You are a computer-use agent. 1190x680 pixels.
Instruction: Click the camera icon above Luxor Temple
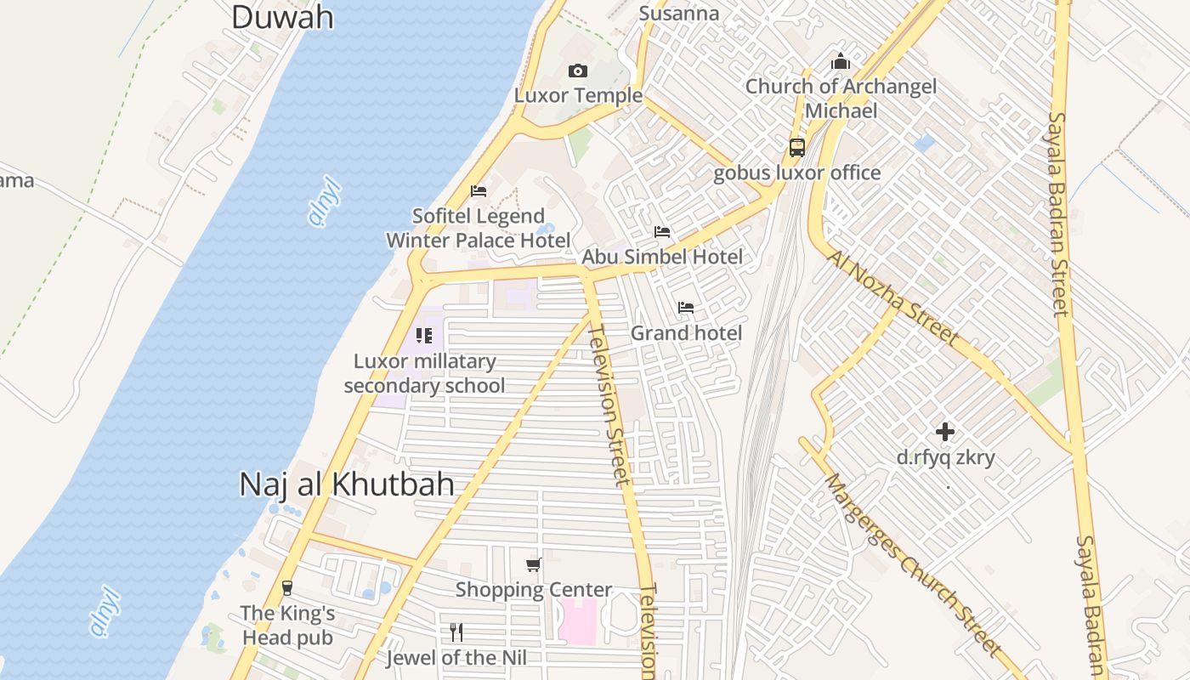tap(578, 71)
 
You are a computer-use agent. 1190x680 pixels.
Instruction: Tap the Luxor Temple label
tap(578, 95)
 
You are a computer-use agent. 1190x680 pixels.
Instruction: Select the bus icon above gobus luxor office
tap(796, 147)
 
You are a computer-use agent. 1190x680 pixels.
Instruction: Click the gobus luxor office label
tap(796, 173)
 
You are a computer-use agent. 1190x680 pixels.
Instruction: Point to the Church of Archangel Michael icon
tap(841, 61)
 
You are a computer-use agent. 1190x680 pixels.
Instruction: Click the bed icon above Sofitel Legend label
tap(479, 190)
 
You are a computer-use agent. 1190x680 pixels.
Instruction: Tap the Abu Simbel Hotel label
tap(661, 257)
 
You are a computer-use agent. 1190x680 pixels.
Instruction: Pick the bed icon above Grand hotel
tap(686, 307)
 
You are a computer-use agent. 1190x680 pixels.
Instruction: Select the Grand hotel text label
tap(686, 333)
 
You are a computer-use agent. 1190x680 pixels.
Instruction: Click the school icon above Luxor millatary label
tap(424, 336)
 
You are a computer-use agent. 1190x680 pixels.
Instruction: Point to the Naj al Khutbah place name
tap(346, 484)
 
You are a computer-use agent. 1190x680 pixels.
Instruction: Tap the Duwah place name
tap(282, 17)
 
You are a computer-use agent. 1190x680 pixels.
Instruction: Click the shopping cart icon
tap(534, 564)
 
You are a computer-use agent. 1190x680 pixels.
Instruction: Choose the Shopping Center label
tap(534, 590)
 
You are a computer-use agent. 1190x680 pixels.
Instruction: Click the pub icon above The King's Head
tap(287, 587)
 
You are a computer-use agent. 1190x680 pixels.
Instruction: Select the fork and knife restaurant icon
tap(456, 632)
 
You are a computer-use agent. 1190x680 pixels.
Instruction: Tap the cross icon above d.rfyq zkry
tap(944, 432)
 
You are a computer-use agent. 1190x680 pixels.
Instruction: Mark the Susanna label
tap(678, 14)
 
